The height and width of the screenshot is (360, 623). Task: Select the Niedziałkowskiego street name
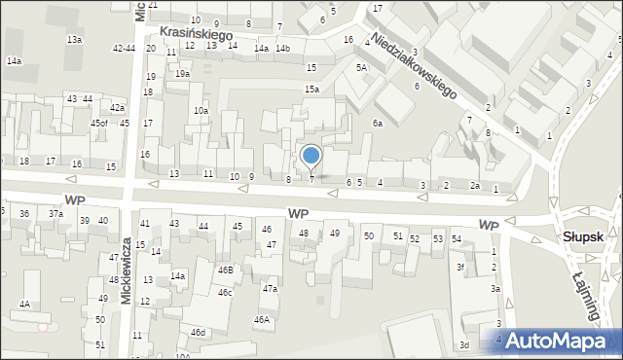(414, 67)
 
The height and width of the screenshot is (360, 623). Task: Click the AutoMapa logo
(561, 340)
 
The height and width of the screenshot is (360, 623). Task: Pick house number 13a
(74, 39)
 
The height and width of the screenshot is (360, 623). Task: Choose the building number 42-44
(124, 48)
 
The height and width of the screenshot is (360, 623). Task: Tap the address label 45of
(99, 124)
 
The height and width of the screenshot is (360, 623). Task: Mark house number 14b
(282, 48)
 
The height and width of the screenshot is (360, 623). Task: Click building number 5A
(361, 67)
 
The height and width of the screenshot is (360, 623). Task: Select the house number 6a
(378, 124)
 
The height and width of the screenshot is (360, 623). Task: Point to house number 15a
(311, 90)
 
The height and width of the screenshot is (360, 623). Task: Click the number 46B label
(225, 270)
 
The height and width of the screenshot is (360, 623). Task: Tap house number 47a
(270, 288)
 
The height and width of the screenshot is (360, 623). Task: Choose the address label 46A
(262, 319)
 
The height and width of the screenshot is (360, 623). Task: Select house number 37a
(56, 214)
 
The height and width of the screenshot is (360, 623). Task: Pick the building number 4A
(24, 305)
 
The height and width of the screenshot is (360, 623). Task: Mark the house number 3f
(461, 268)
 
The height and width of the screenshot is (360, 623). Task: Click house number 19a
(183, 74)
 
